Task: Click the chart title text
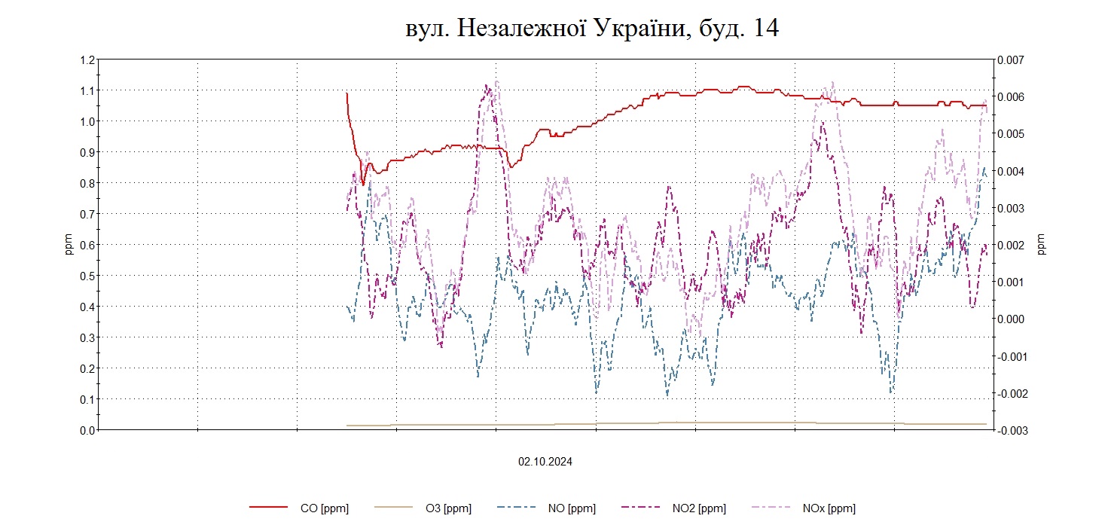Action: (x=591, y=29)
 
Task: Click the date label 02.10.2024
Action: (x=545, y=462)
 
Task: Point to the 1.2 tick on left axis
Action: (x=87, y=60)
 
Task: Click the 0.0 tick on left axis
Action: (x=87, y=430)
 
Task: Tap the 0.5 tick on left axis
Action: (x=87, y=276)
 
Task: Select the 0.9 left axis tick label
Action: (x=87, y=152)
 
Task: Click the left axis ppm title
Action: (x=69, y=245)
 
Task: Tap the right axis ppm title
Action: (x=1042, y=245)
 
